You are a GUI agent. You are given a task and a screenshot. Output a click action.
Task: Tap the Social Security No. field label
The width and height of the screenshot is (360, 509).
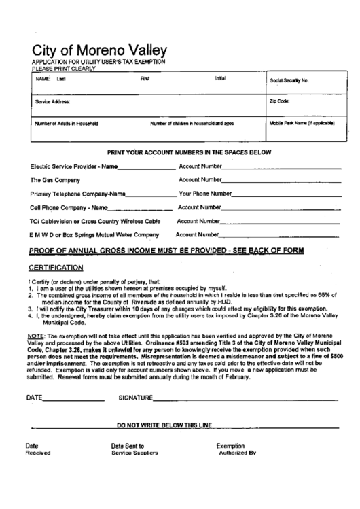tap(289, 80)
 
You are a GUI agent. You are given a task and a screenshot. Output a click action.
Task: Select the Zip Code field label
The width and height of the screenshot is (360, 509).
tap(280, 101)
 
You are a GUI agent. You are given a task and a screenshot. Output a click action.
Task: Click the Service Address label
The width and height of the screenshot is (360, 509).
tap(52, 102)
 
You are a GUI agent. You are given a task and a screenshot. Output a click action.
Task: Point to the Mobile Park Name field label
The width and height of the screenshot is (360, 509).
tap(302, 123)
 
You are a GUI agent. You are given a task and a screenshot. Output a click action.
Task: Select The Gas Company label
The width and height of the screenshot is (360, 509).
tap(56, 180)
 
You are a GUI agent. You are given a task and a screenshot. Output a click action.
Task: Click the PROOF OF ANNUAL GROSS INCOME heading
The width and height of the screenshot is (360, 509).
tap(166, 251)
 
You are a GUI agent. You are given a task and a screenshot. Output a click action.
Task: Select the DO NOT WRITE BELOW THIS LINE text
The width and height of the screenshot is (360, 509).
tap(165, 425)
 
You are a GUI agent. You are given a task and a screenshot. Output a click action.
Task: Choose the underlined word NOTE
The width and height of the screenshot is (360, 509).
tap(37, 336)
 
